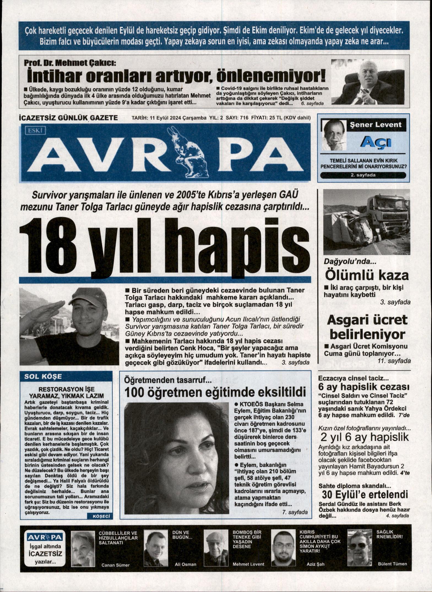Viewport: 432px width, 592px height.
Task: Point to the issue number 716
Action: pyautogui.click(x=244, y=118)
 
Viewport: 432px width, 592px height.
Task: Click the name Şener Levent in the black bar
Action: pyautogui.click(x=375, y=125)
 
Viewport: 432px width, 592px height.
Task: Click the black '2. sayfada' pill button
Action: pyautogui.click(x=363, y=175)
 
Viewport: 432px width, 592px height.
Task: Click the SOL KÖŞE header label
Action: pyautogui.click(x=43, y=376)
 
